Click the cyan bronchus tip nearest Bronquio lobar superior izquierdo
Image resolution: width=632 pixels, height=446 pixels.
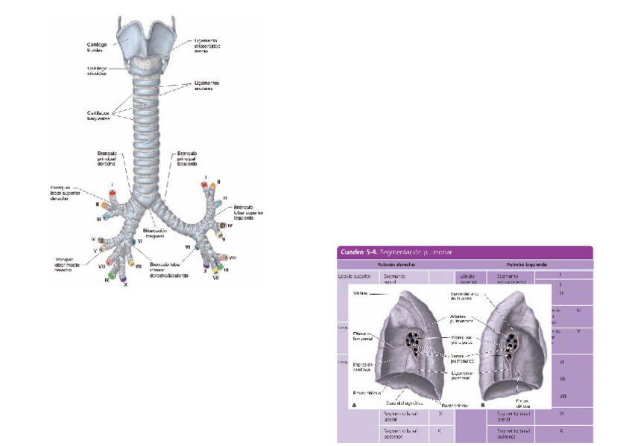(218, 203)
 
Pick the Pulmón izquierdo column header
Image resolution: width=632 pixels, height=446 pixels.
(523, 264)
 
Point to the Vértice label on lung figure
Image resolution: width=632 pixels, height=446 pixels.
(359, 293)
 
